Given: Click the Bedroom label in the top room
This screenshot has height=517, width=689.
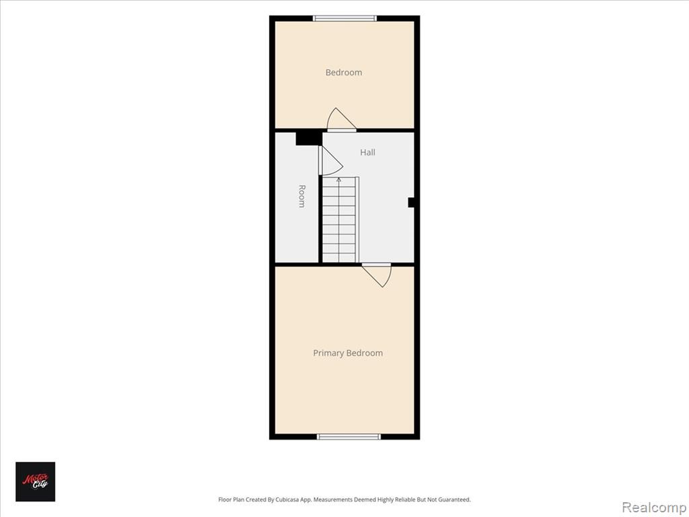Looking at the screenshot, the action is pos(344,73).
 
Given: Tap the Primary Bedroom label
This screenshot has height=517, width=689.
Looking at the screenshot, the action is pos(348,353).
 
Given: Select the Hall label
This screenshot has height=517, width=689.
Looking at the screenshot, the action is pos(368,153).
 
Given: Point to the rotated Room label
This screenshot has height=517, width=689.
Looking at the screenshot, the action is pos(302,196).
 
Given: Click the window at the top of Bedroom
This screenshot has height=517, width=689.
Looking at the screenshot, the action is pos(344,18).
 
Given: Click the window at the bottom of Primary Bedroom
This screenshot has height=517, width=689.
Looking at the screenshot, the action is pos(349,436).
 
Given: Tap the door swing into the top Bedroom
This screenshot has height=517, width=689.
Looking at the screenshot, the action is pos(341,120).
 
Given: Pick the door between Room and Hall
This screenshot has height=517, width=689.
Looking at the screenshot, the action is pos(330,161).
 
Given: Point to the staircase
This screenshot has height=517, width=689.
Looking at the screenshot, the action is pos(340,220).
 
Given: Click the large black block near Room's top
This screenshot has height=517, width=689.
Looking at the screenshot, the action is pos(309,139).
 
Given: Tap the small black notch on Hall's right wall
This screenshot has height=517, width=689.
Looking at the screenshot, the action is pos(411,202).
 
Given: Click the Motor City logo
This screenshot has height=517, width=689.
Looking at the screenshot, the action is pos(35,481).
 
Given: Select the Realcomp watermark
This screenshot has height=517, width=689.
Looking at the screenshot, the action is pos(654,507).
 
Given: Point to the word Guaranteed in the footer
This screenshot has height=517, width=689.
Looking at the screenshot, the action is pos(456,499).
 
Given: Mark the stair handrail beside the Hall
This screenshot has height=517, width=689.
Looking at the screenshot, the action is pos(357,220).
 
